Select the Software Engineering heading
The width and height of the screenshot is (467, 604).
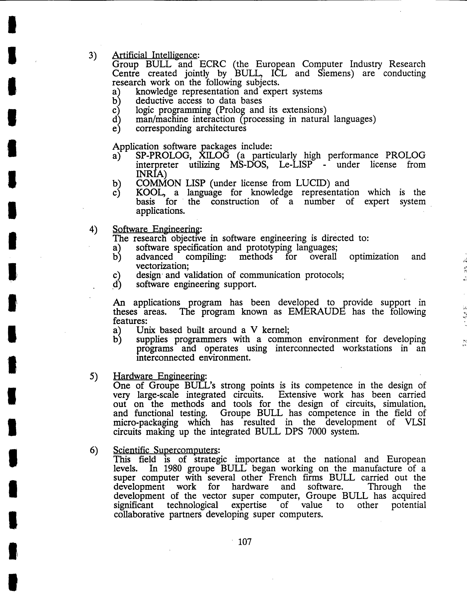click(156, 229)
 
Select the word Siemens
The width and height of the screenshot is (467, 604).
click(336, 74)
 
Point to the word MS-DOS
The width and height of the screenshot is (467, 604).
click(249, 165)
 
